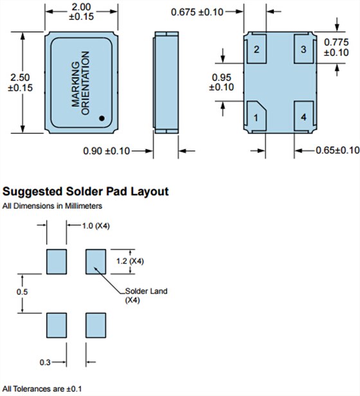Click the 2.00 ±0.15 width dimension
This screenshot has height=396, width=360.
click(x=82, y=12)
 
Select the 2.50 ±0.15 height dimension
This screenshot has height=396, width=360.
click(x=20, y=82)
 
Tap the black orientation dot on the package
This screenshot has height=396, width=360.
click(x=102, y=118)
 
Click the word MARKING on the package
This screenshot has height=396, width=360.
click(x=76, y=84)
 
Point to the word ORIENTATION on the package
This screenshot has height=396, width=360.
click(x=85, y=83)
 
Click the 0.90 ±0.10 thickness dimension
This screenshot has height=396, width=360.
click(x=106, y=151)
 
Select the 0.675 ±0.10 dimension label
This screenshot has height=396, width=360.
click(x=197, y=12)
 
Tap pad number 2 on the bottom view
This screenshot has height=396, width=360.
click(x=256, y=49)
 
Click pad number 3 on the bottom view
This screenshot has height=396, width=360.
click(x=303, y=49)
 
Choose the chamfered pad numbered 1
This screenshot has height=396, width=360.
click(x=256, y=116)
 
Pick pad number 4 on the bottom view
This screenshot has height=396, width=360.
click(x=303, y=116)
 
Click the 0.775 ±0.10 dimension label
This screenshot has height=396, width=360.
click(x=336, y=47)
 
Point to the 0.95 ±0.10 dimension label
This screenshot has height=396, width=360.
click(x=222, y=82)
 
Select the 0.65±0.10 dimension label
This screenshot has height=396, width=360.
click(x=337, y=150)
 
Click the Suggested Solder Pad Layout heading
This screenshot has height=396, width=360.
click(x=85, y=192)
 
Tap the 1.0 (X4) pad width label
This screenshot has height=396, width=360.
click(x=96, y=226)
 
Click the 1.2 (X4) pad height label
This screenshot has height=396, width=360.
click(x=130, y=261)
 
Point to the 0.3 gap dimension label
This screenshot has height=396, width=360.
click(x=45, y=363)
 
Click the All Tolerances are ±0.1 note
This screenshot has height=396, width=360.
click(x=42, y=389)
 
